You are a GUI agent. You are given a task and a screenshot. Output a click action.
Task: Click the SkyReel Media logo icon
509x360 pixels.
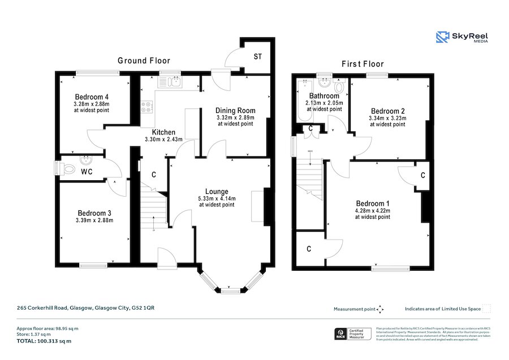pyautogui.click(x=442, y=37)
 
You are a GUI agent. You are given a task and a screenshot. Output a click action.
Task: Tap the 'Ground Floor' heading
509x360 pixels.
pyautogui.click(x=144, y=60)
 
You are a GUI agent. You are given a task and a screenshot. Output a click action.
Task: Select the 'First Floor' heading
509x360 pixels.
pyautogui.click(x=363, y=64)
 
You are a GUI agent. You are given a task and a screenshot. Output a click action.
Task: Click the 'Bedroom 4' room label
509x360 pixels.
pyautogui.click(x=91, y=96)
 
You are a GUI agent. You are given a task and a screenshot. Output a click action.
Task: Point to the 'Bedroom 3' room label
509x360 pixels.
pyautogui.click(x=94, y=213)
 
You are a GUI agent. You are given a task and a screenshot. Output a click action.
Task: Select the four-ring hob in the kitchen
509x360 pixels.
pyautogui.click(x=146, y=107)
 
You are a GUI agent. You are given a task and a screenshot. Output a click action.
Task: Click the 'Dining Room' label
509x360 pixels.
pyautogui.click(x=235, y=110)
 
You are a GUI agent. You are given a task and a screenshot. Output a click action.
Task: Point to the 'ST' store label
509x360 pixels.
pyautogui.click(x=257, y=57)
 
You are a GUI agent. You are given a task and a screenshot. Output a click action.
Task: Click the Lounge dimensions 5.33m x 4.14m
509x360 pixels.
pyautogui.click(x=216, y=198)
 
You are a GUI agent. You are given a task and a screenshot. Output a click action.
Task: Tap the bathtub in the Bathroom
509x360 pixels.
pyautogui.click(x=299, y=102)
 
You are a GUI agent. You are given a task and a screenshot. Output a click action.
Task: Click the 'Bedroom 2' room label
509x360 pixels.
pyautogui.click(x=387, y=110)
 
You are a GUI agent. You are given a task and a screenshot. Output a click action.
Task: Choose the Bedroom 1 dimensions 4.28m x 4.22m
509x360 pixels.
pyautogui.click(x=373, y=211)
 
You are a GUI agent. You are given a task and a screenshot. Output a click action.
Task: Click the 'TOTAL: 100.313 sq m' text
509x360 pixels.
pyautogui.click(x=44, y=341)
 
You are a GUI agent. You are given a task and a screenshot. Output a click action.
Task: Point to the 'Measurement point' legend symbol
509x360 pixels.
pyautogui.click(x=380, y=309)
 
